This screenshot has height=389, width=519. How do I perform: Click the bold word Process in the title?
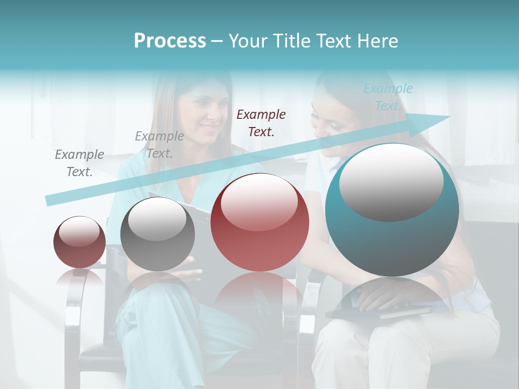[x=170, y=41]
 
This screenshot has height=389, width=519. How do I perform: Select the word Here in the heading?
[x=377, y=41]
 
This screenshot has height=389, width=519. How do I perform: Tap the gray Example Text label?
[x=79, y=163]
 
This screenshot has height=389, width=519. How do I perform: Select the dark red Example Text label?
[x=261, y=123]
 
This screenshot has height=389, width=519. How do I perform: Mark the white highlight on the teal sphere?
[x=391, y=182]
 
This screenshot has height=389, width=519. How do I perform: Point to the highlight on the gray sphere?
[x=157, y=219]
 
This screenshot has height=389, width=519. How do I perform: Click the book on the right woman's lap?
[x=378, y=312]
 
